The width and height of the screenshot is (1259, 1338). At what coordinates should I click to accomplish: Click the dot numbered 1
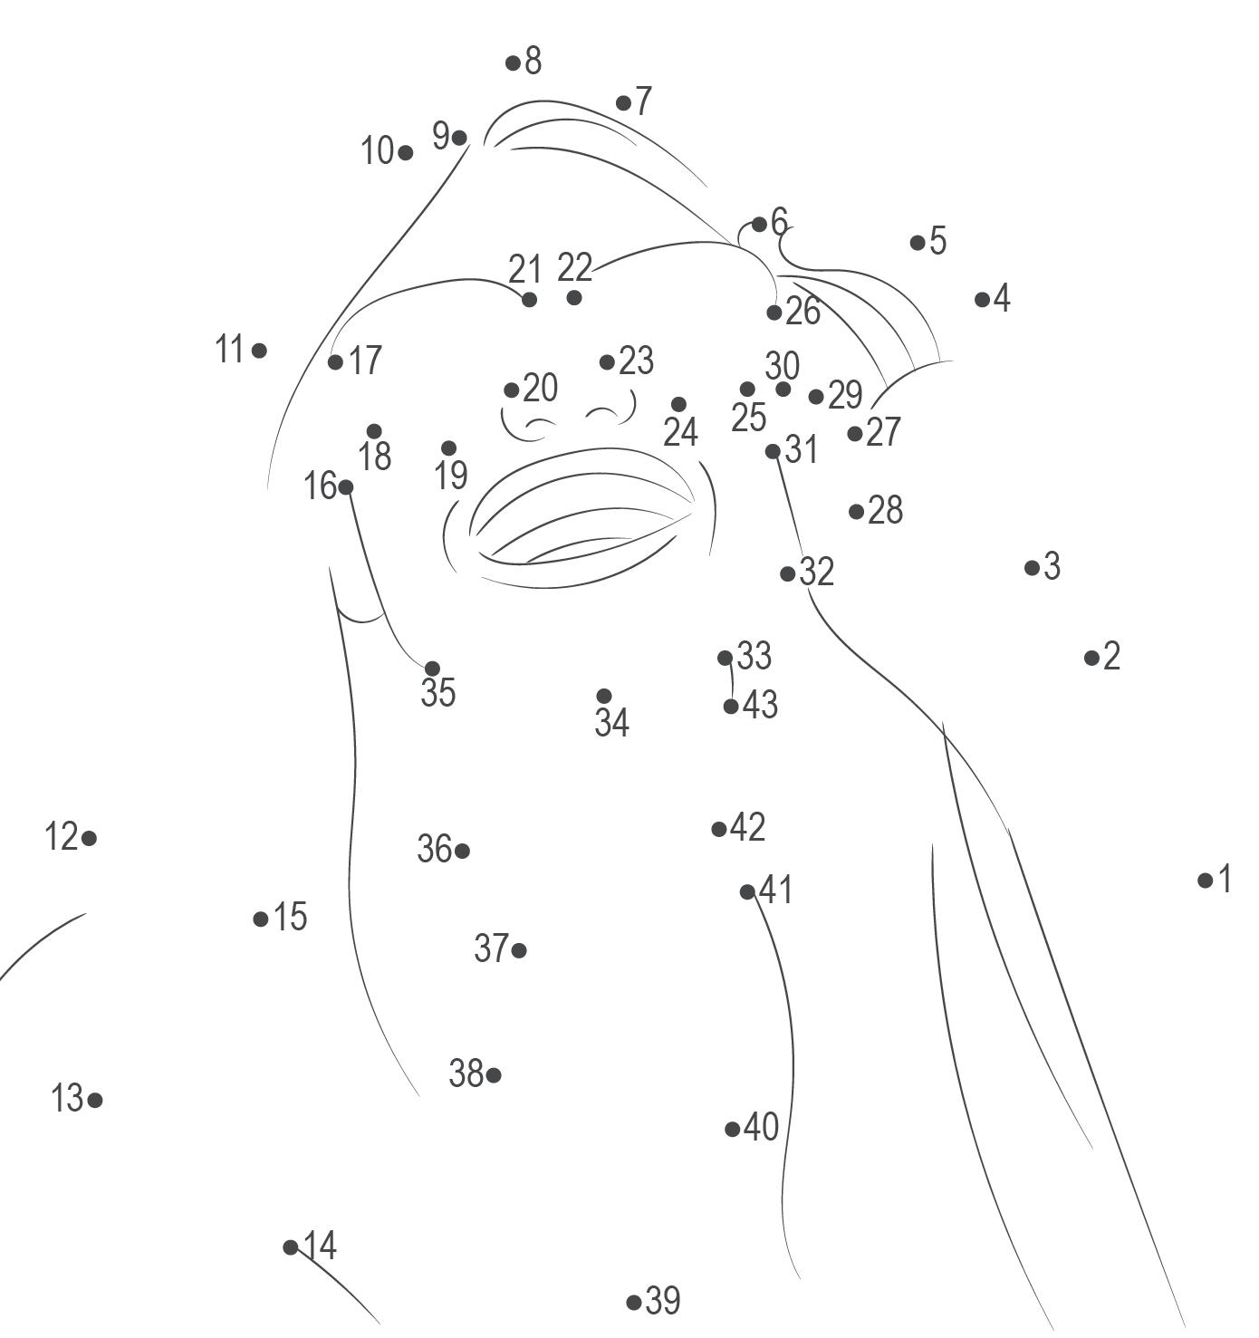tap(1205, 880)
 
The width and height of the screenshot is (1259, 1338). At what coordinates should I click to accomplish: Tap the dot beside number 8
tap(513, 63)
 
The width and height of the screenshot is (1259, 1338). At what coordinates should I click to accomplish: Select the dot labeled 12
tap(89, 838)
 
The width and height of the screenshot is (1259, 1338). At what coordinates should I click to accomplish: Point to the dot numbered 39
tap(634, 1302)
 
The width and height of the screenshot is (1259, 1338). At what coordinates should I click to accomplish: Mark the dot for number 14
tap(291, 1247)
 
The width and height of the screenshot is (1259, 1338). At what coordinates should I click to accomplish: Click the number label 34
tap(611, 723)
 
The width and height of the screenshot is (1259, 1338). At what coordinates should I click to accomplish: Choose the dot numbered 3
tap(1032, 568)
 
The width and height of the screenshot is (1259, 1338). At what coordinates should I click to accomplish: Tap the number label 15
tap(291, 917)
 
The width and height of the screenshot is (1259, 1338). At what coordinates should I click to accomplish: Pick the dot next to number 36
tap(462, 851)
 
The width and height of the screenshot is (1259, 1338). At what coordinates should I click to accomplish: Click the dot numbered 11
tap(259, 350)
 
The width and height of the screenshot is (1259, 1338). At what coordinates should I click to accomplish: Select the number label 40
tap(761, 1127)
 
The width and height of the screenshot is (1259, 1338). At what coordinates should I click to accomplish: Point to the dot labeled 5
tap(918, 242)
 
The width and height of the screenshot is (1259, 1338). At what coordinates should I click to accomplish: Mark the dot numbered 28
tap(856, 512)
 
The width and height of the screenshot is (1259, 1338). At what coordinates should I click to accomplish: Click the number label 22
tap(574, 268)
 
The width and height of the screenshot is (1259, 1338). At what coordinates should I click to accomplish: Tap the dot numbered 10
tap(405, 153)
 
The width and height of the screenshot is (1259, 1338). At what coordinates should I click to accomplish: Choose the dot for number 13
tap(95, 1100)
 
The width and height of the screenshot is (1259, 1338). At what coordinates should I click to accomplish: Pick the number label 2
tap(1111, 656)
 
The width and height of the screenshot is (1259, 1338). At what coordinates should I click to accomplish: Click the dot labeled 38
tap(494, 1075)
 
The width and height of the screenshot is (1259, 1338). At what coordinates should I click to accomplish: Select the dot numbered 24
tap(678, 404)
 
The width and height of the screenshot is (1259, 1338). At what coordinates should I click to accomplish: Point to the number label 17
tap(365, 361)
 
